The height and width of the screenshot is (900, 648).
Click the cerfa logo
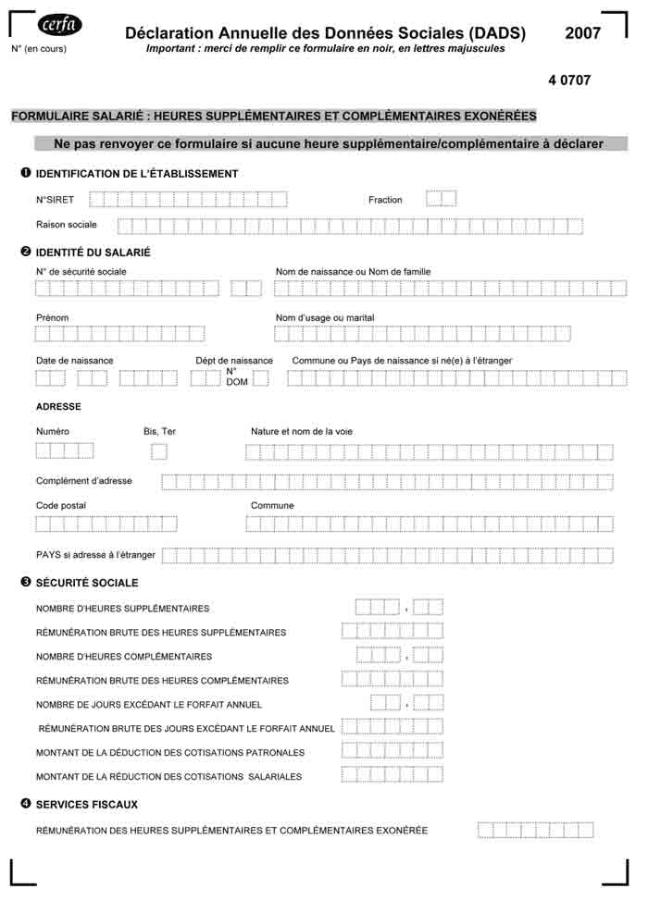(x=60, y=25)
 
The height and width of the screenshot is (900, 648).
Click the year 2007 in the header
(x=582, y=33)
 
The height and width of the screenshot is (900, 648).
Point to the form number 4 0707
(x=569, y=80)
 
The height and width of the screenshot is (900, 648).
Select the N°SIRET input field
(x=188, y=199)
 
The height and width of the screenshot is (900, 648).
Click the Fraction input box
(x=441, y=199)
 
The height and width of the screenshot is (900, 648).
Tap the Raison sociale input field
(x=350, y=226)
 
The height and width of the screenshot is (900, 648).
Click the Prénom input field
(x=120, y=334)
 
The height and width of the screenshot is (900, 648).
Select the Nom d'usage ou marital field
(x=422, y=334)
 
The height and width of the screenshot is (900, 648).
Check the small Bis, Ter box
(x=159, y=451)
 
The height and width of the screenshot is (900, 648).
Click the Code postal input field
(x=106, y=524)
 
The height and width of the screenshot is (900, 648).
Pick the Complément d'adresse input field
(x=387, y=482)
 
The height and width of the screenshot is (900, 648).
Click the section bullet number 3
(x=26, y=583)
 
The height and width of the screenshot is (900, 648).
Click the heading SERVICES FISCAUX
(x=87, y=805)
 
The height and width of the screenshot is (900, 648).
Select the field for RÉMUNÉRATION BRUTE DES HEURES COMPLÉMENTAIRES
(x=392, y=680)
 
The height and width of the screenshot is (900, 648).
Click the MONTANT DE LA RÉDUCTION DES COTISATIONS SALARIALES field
(x=392, y=775)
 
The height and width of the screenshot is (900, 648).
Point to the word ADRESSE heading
(x=58, y=407)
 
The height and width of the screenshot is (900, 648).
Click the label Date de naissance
(x=75, y=361)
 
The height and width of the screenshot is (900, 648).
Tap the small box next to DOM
(x=261, y=377)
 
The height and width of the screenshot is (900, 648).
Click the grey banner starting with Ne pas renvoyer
(x=329, y=144)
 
